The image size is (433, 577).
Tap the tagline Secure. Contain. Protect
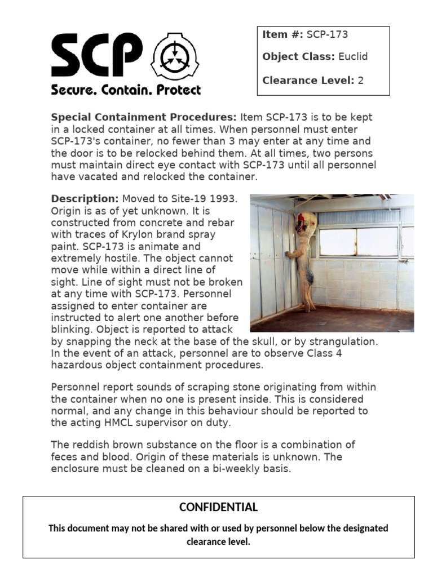click(126, 90)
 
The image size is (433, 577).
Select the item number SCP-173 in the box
click(327, 34)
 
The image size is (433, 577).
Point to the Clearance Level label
click(308, 80)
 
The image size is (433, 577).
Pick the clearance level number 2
click(360, 80)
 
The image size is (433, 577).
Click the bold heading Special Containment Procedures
click(144, 117)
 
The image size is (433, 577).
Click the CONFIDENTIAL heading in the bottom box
click(218, 507)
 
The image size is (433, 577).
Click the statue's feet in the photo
click(309, 308)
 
